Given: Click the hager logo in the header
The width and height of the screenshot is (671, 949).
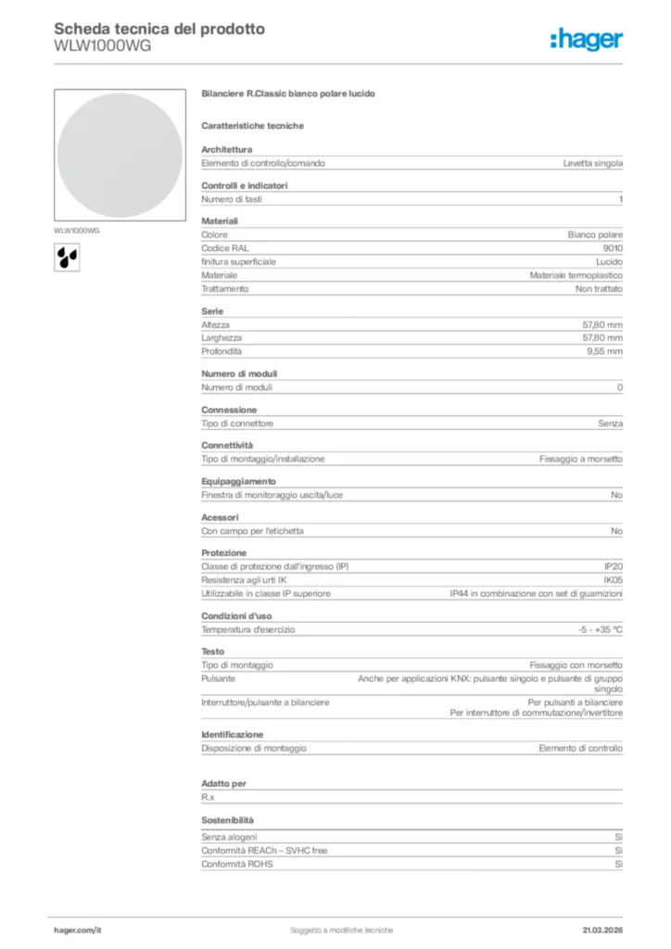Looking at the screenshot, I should (586, 39).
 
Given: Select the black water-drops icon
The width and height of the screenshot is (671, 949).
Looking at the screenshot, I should (67, 256).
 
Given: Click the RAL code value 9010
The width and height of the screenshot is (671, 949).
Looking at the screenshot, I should (613, 248).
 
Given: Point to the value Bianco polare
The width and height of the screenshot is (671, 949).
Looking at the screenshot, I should (595, 235).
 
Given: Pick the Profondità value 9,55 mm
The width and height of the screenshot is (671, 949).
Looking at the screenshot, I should (602, 351).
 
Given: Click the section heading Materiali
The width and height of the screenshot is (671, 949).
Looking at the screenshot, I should (220, 221).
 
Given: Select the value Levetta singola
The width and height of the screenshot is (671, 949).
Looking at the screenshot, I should (592, 163).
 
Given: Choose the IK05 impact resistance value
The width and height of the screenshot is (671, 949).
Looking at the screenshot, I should (612, 580).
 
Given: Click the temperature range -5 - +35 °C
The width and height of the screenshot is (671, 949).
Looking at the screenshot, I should (600, 630).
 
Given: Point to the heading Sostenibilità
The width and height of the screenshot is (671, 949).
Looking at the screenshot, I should (227, 820).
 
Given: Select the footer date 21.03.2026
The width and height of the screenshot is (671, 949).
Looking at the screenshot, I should (601, 930).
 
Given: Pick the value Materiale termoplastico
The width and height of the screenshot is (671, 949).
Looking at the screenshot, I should (576, 275).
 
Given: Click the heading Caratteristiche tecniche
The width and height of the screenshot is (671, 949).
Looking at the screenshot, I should (252, 125).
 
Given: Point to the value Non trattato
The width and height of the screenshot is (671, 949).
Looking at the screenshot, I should (599, 289).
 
